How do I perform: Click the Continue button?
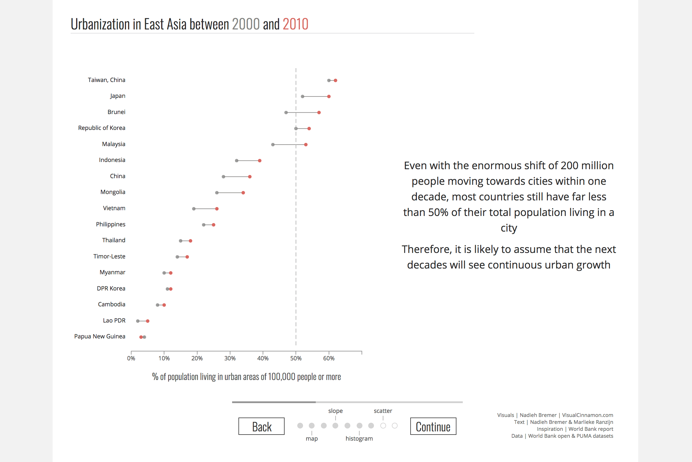433,426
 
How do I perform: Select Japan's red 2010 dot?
329,97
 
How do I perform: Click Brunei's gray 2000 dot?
286,113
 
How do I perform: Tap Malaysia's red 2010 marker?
306,145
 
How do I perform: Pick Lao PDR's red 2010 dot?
148,321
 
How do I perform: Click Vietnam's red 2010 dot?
217,209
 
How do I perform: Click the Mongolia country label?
113,192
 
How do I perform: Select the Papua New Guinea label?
100,336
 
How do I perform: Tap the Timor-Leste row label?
109,256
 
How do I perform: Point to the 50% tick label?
296,358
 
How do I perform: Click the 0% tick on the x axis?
131,358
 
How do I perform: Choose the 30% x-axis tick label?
230,358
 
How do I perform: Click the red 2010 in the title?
295,24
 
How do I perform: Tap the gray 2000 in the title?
246,24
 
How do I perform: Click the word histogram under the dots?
359,438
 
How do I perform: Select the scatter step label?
383,411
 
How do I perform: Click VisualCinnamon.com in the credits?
587,415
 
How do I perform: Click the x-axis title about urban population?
246,377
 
